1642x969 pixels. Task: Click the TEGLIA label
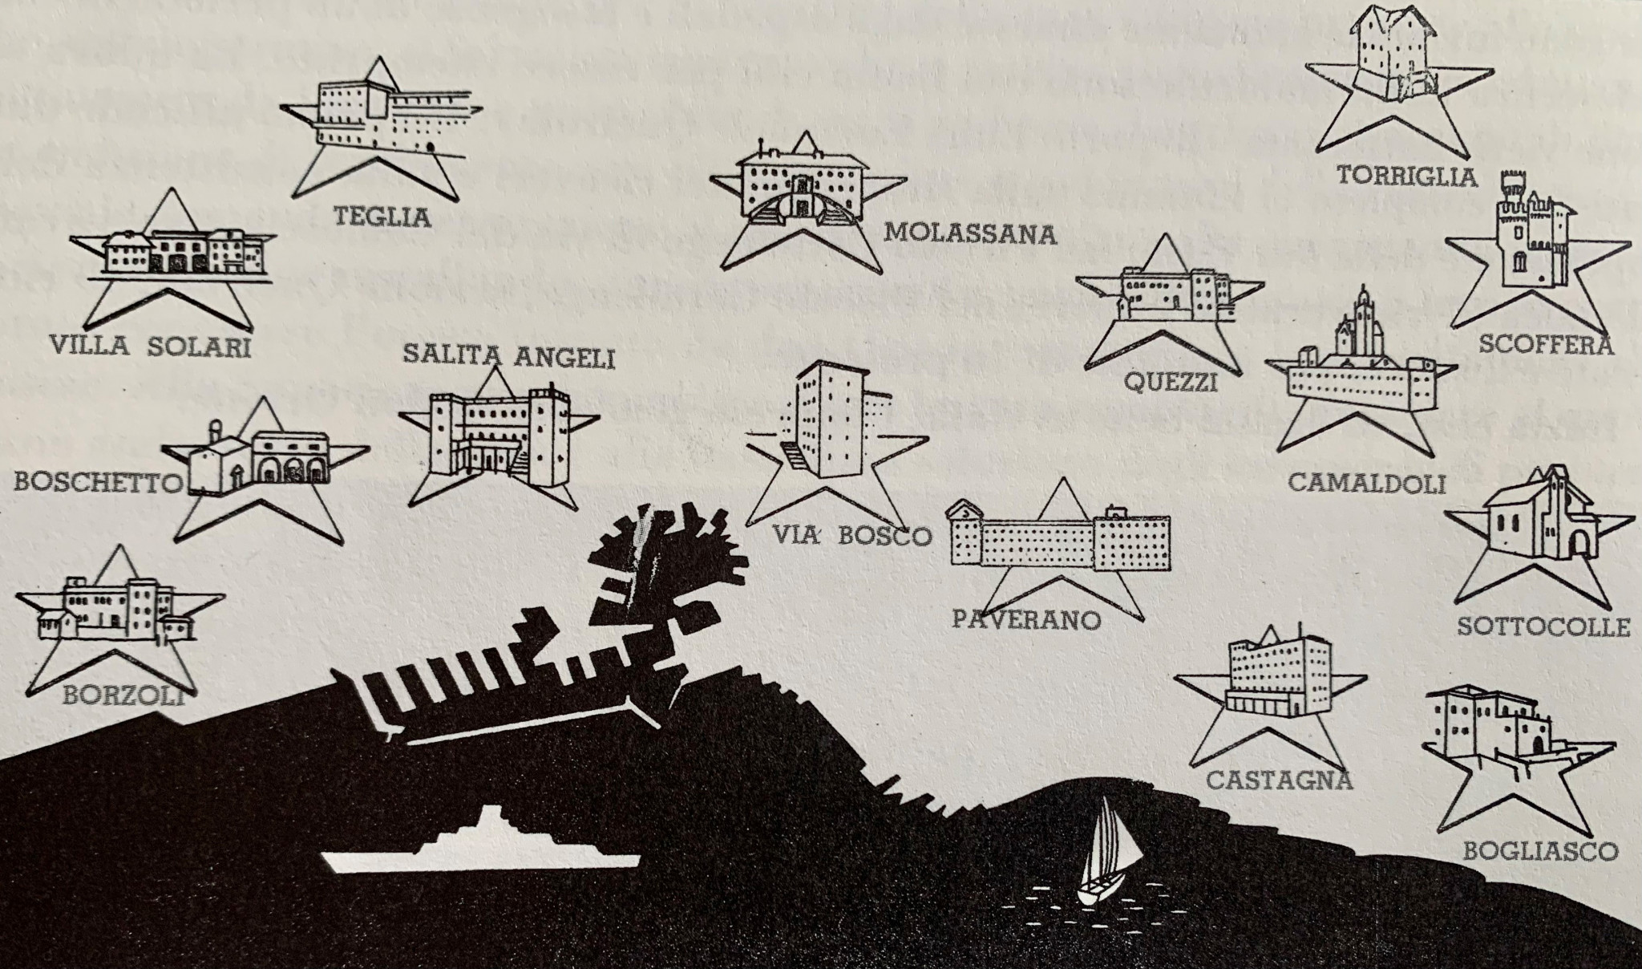(382, 216)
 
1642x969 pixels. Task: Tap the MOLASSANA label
(969, 233)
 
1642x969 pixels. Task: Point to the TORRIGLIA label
(1406, 176)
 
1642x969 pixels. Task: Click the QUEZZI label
(1171, 382)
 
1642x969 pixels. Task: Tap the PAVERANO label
(1026, 619)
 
